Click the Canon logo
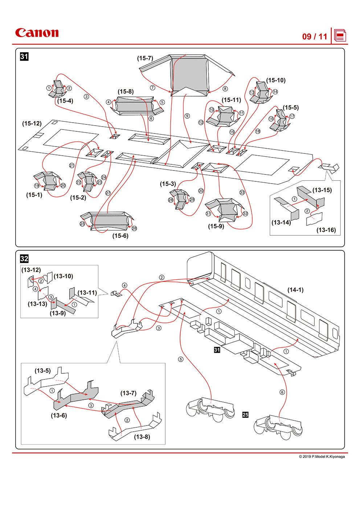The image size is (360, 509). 37,33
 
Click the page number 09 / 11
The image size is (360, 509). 315,37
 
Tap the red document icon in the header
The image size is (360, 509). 340,36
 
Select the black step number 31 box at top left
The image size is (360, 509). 24,57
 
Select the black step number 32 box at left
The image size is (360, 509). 24,259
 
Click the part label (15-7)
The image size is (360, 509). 145,58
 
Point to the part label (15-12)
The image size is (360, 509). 32,123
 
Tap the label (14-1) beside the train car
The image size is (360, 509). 295,290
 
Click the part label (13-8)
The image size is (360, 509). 142,437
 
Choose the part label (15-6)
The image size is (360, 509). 120,236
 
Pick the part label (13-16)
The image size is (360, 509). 326,230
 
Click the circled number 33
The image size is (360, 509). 242,192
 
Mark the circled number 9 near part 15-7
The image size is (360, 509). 187,116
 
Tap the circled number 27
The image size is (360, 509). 108,193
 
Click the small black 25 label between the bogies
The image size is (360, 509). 245,415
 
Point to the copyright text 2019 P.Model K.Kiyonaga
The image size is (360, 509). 322,456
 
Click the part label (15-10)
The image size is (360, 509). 276,80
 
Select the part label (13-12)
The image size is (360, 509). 31,270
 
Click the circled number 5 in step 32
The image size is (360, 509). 181,359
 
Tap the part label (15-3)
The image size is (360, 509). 168,184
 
